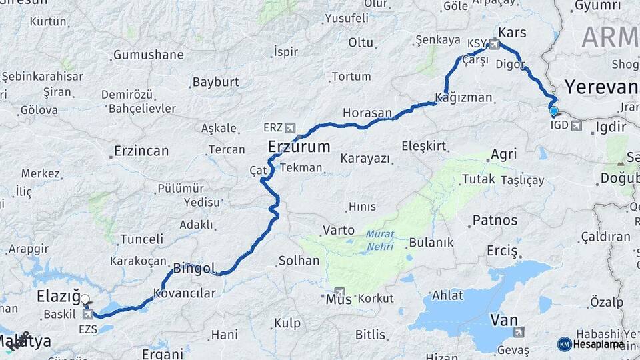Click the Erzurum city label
pos(299,147)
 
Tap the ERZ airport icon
pos(289,127)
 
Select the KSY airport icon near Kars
pos(494,44)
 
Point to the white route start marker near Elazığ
pos(84,299)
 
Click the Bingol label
pos(193,269)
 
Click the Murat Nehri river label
pos(380,241)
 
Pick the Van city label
pos(504,320)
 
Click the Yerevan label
pos(601,87)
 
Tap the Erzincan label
pos(141,151)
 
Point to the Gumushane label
pos(148,55)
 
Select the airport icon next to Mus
pos(341,293)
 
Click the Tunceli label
pos(141,239)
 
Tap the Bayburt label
pos(215,82)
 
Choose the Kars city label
pos(512,32)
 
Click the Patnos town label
pos(495,219)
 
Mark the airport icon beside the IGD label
pos(576,125)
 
